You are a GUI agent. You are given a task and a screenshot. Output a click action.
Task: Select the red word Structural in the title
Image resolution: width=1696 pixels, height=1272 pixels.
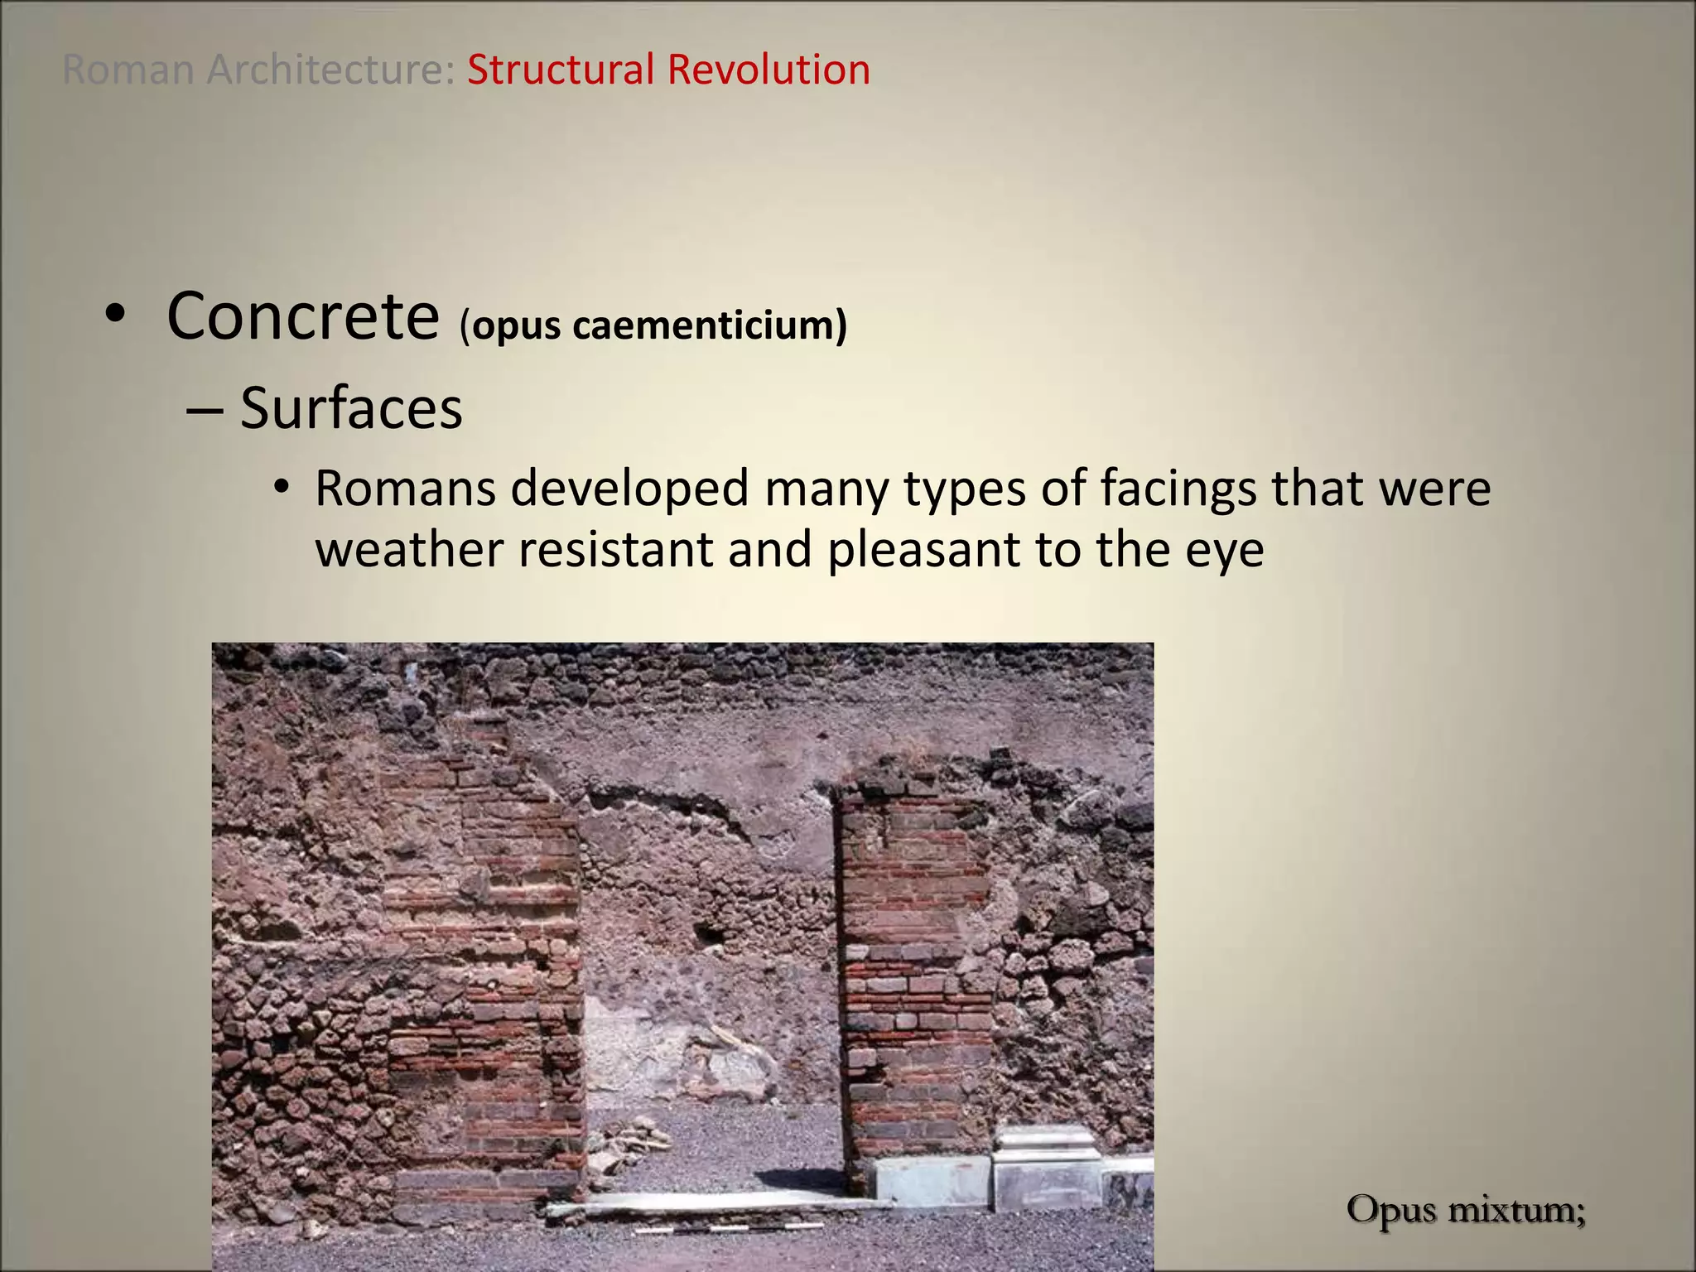(x=561, y=70)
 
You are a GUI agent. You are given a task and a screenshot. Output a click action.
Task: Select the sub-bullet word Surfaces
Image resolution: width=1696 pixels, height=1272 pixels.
(x=351, y=408)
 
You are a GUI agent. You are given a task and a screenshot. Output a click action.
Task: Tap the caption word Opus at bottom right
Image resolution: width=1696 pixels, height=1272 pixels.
(x=1391, y=1211)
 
